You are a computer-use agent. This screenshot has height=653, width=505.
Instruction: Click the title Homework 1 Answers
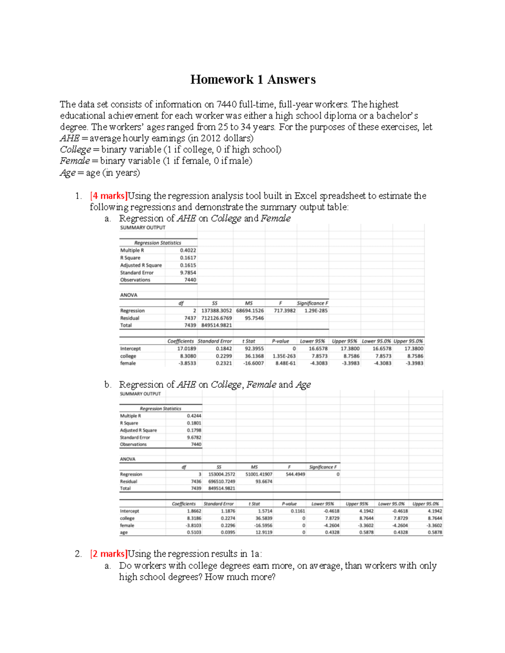pos(252,79)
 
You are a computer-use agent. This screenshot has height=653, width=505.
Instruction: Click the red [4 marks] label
pos(109,196)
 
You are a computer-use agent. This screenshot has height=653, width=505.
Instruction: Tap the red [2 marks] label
pos(109,554)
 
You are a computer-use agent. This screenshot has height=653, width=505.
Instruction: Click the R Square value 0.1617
pos(188,258)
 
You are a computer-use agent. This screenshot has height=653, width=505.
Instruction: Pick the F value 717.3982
pos(285,311)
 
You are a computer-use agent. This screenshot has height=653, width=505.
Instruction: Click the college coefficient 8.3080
pos(186,356)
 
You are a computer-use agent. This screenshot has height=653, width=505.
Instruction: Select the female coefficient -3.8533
pos(186,363)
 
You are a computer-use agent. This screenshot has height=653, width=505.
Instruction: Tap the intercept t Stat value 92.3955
pos(254,349)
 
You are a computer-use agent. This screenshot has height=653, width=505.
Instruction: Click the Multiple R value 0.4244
pos(194,416)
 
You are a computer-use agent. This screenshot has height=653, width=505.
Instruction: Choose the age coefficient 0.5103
pos(194,532)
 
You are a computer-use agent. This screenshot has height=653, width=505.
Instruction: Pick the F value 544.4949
pos(295,474)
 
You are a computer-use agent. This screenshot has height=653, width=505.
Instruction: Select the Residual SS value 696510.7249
pos(222,481)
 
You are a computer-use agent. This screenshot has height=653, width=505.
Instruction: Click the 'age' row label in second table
pos(124,532)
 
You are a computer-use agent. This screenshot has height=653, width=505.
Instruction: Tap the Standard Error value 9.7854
pos(188,272)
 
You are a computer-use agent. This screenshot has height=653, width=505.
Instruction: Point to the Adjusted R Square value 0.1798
pos(194,430)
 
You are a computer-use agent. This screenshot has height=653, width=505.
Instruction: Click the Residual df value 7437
pos(190,318)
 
